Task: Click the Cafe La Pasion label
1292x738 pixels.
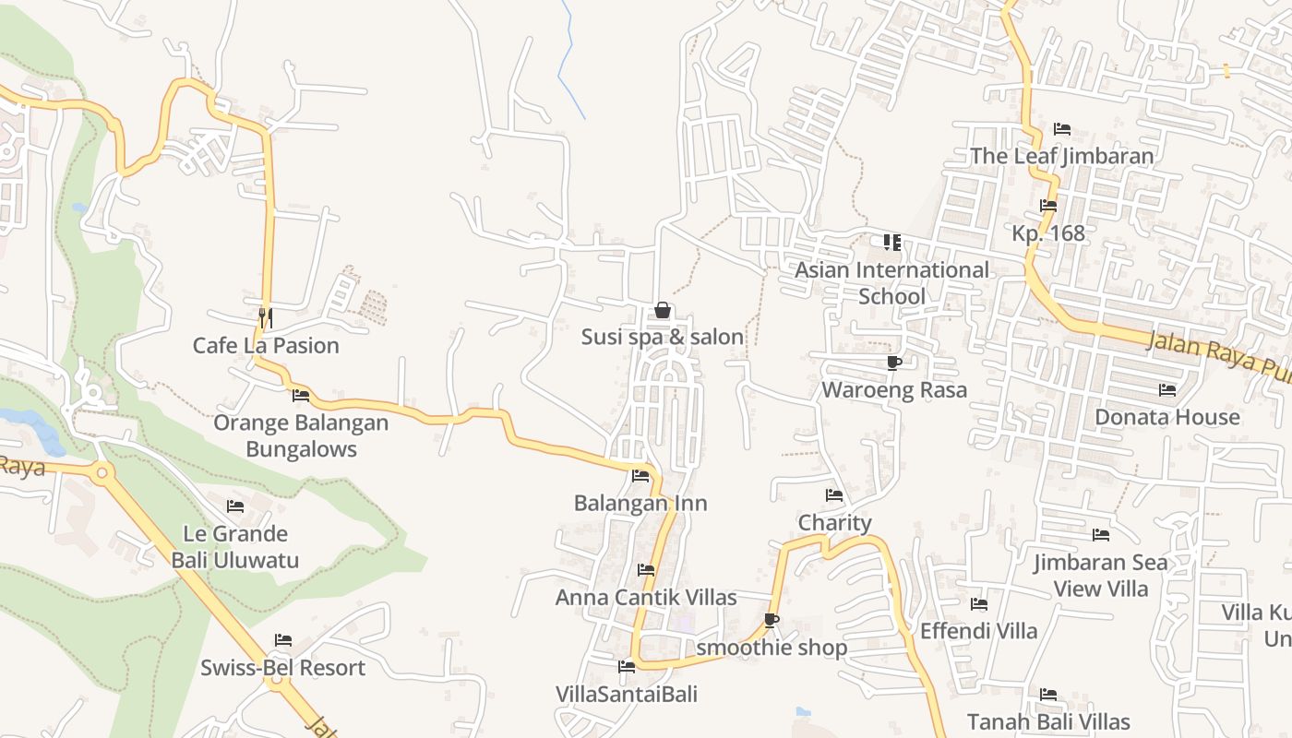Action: pos(266,346)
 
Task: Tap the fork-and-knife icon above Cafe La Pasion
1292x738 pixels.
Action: pos(265,317)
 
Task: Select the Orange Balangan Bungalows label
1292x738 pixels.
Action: pos(301,436)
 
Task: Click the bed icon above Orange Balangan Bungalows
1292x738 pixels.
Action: pos(301,396)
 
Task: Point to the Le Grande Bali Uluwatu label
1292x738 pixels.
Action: pos(235,547)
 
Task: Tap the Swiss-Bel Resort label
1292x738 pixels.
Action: pos(283,668)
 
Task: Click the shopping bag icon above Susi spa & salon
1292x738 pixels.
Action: pos(662,311)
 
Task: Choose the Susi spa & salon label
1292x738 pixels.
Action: pos(663,338)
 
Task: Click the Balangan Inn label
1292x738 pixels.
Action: pos(640,504)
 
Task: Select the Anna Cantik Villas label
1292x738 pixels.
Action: pos(646,598)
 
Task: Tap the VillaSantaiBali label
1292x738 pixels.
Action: pos(627,694)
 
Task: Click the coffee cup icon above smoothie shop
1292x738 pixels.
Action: pos(772,620)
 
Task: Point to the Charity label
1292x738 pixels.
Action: pos(834,523)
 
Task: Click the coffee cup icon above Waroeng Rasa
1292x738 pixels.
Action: pos(893,363)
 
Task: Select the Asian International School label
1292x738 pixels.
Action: pos(891,283)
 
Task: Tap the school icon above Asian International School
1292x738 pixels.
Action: pos(891,243)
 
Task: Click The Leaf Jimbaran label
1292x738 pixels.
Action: pos(1062,156)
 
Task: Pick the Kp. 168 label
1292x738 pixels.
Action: pos(1048,233)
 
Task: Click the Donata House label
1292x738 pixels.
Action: pos(1167,417)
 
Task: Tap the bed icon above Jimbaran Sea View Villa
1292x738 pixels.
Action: pos(1100,535)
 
